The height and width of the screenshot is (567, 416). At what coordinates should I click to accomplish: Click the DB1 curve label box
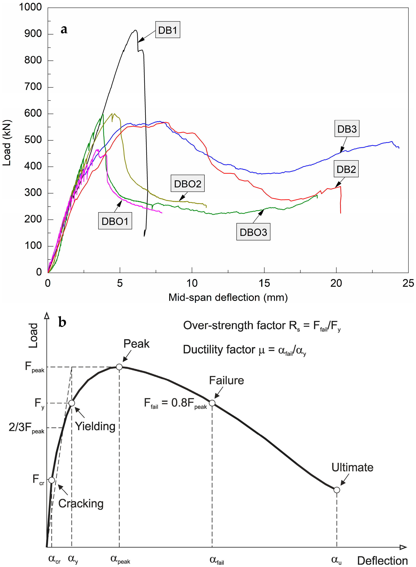(x=168, y=30)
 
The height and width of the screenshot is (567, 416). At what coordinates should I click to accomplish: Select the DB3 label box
(x=347, y=129)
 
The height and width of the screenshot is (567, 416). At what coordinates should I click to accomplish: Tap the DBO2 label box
(x=188, y=184)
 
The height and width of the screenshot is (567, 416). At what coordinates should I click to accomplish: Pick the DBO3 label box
(x=253, y=232)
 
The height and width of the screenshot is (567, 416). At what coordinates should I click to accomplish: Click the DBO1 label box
(x=115, y=221)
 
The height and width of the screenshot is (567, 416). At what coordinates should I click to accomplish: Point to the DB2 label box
(x=346, y=169)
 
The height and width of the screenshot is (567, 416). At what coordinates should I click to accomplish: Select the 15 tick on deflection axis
(x=264, y=283)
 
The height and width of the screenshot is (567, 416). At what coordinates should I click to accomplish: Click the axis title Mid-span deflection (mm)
(x=228, y=297)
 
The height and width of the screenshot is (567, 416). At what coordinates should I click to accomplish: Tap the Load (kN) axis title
(x=7, y=143)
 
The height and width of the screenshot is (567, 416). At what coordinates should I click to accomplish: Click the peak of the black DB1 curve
(x=135, y=30)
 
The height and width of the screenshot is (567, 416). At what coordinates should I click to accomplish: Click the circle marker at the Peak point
(x=119, y=367)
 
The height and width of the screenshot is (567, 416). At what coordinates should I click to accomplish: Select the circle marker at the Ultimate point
(x=337, y=490)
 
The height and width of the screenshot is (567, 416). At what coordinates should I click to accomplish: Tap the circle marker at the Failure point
(x=212, y=403)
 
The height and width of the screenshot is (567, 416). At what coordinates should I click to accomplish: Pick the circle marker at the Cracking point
(x=51, y=480)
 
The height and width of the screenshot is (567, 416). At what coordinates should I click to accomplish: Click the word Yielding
(x=95, y=426)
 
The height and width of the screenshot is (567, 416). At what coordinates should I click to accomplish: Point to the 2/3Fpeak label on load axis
(x=26, y=428)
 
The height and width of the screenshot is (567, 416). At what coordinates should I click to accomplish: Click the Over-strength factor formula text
(x=262, y=326)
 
